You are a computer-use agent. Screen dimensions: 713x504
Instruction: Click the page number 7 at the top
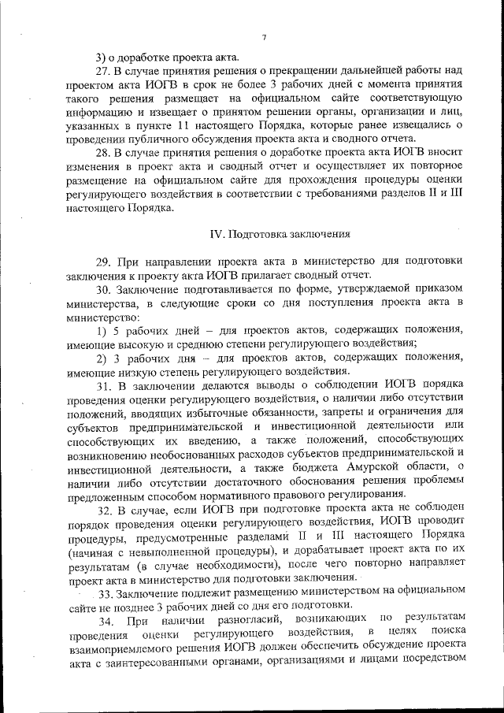tap(265, 36)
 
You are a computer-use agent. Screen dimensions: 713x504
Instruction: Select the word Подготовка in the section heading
tap(257, 234)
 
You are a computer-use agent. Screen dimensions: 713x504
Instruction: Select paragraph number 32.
tap(105, 509)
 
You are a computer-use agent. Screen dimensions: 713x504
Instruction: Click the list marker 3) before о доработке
tap(101, 56)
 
